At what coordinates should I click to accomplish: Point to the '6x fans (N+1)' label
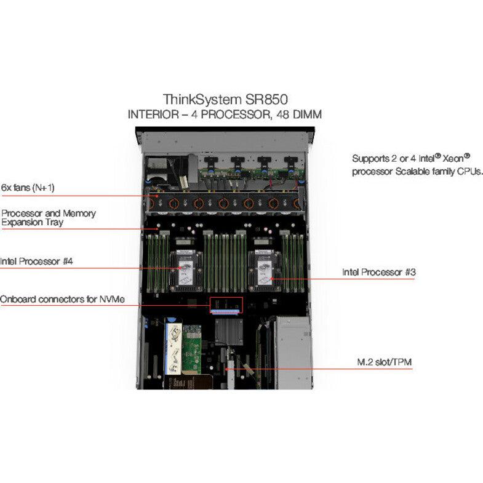click(32, 187)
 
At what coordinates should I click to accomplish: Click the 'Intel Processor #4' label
click(37, 261)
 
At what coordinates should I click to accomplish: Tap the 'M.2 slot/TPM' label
click(386, 362)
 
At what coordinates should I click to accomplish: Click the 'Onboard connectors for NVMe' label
click(62, 300)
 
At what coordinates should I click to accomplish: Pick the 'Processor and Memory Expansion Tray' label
click(49, 218)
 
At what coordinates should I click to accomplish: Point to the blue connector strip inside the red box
click(226, 311)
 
